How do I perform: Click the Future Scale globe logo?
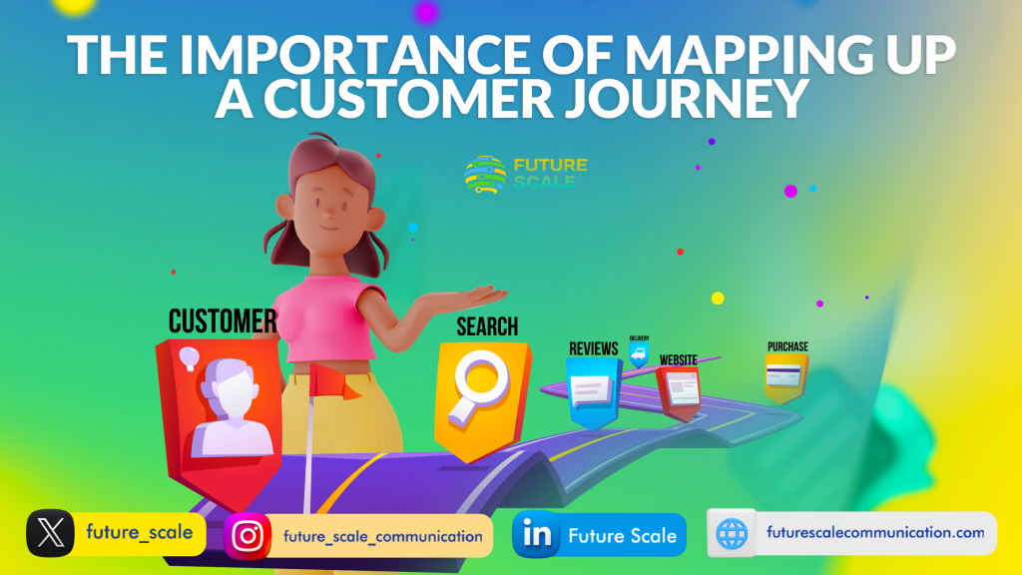[485, 175]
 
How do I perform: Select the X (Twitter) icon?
[50, 533]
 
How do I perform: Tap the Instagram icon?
[248, 536]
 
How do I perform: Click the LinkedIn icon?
[536, 535]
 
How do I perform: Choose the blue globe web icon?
[732, 533]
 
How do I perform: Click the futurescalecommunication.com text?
[875, 533]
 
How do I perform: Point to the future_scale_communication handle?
[382, 536]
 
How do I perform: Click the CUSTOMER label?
[223, 321]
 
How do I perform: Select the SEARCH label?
[487, 326]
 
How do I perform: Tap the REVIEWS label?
[593, 348]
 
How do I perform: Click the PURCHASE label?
[787, 346]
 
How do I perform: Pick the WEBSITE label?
[678, 359]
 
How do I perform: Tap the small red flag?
[333, 382]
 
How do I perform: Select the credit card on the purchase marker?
[783, 376]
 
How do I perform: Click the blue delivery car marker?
[639, 354]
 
